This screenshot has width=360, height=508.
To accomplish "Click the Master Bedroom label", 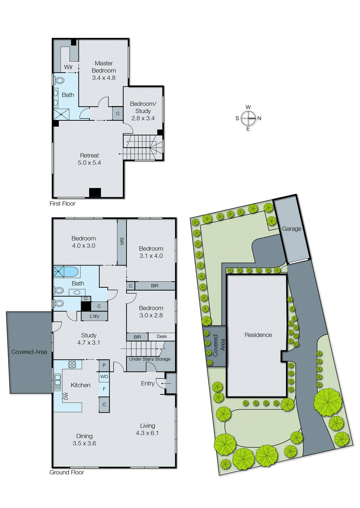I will (x=104, y=67).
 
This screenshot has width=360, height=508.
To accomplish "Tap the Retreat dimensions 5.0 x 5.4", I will (x=89, y=163).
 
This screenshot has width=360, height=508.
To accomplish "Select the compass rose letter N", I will (x=259, y=118).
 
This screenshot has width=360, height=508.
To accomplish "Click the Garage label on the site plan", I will (x=291, y=229).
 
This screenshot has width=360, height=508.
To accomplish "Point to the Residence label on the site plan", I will (x=258, y=335).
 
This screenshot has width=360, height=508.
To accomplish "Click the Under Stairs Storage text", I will (x=150, y=359).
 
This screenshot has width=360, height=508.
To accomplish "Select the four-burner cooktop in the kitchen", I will (x=72, y=364).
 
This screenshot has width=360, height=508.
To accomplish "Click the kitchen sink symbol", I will (x=58, y=382).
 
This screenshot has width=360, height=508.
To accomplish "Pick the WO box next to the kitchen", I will (x=104, y=377).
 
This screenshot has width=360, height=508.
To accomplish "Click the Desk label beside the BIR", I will (x=162, y=337).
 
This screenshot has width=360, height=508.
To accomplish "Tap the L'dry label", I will (x=94, y=316).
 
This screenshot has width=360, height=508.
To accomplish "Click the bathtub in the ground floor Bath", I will (x=71, y=272).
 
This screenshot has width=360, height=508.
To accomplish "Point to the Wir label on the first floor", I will (x=68, y=67).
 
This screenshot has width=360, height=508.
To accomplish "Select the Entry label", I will (x=147, y=384).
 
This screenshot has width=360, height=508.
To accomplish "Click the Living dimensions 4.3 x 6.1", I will (x=147, y=433).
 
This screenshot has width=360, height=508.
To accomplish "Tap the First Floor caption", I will (x=62, y=204).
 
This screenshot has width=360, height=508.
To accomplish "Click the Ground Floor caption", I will (x=66, y=472).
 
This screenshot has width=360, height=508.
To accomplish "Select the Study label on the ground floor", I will (x=89, y=335).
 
